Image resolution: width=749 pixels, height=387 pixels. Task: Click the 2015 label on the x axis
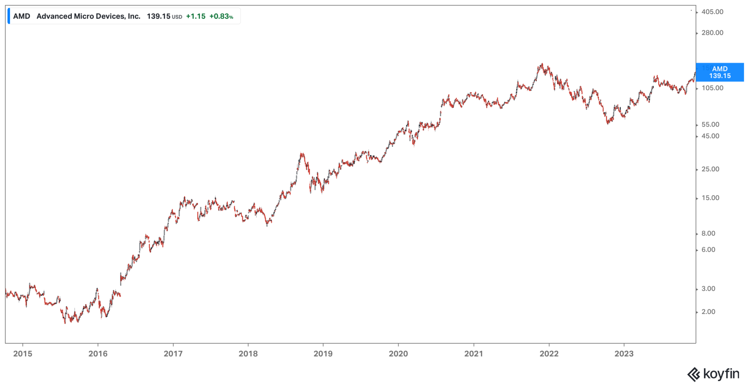pos(23,353)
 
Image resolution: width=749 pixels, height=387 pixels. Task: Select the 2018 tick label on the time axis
pos(248,353)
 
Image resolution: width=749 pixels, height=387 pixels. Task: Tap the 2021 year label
pos(474,353)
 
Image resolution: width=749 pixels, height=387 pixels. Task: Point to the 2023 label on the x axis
pos(624,353)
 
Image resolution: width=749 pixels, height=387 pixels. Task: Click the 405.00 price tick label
pos(712,12)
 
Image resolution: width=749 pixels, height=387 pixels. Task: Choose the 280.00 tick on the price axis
pos(712,33)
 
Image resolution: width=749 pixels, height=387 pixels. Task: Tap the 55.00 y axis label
pos(710,124)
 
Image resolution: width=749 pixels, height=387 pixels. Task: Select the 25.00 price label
pos(710,169)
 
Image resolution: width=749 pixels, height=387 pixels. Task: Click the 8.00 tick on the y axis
pos(708,233)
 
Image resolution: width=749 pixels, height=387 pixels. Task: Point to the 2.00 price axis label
pos(708,312)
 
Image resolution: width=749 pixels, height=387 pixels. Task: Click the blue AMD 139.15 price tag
pos(720,72)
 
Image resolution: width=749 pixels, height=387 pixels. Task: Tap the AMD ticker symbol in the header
pos(21,16)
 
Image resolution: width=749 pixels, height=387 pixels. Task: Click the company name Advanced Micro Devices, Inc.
pos(89,16)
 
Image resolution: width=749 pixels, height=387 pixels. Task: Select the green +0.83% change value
pos(221,16)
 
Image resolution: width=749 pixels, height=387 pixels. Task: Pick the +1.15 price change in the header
pos(195,16)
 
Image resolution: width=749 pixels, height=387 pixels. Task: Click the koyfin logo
pos(713,374)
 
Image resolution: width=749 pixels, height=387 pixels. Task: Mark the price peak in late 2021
pos(542,64)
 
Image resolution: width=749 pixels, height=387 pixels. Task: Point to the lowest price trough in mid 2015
pos(65,323)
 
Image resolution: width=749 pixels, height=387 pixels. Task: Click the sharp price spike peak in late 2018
pos(302,153)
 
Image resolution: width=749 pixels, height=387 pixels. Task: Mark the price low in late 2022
pos(607,123)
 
